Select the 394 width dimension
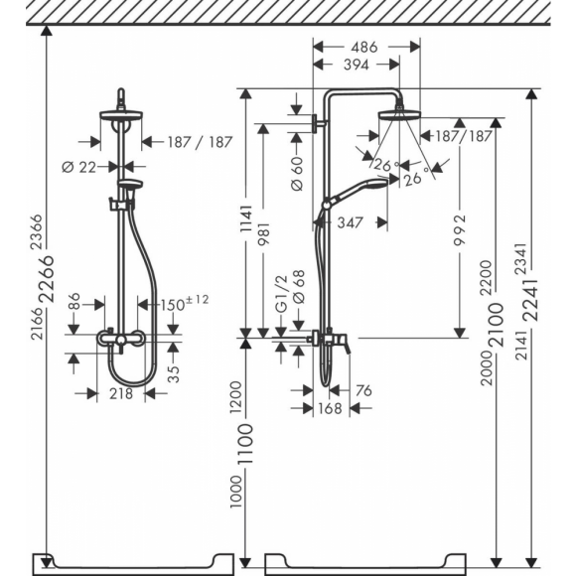(356, 65)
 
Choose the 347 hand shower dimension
(348, 222)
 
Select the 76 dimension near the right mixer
(362, 391)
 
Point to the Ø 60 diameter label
(296, 175)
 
